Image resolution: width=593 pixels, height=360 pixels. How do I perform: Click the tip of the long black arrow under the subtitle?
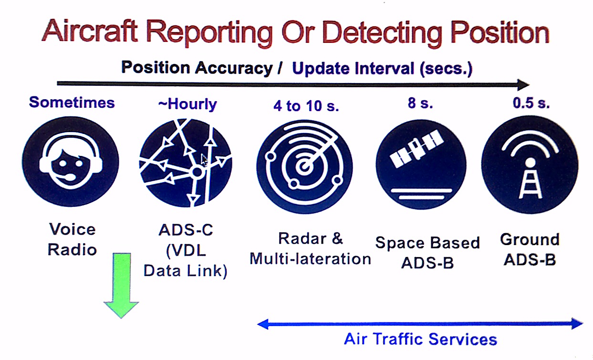[x=530, y=85]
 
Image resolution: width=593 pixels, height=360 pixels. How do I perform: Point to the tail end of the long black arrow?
[x=57, y=83]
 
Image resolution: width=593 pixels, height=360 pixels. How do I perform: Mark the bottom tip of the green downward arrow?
[x=121, y=318]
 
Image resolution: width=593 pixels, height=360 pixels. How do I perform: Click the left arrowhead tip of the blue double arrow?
[x=258, y=324]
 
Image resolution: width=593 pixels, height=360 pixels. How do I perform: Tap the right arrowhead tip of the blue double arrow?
[x=583, y=323]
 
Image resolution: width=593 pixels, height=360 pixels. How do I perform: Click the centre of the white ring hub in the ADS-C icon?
[x=197, y=172]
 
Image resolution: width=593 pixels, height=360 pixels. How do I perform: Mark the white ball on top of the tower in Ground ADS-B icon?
[x=530, y=163]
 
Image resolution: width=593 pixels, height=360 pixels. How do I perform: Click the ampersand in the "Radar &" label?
[x=337, y=238]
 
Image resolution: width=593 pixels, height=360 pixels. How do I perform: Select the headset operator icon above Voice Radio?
[x=71, y=162]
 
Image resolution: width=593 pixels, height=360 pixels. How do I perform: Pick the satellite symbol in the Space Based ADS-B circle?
[x=416, y=149]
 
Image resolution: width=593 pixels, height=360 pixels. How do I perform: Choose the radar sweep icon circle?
[x=304, y=167]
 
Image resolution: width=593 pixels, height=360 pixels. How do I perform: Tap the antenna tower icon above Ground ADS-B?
[x=530, y=165]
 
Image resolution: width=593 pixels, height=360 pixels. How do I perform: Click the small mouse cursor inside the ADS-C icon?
[x=204, y=160]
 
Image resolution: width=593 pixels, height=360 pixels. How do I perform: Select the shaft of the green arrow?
[x=122, y=278]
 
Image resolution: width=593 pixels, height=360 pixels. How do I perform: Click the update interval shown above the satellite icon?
[x=420, y=103]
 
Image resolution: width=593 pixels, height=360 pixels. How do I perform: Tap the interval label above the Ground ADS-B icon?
[x=531, y=103]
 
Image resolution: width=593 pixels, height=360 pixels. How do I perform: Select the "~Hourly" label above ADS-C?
[x=187, y=104]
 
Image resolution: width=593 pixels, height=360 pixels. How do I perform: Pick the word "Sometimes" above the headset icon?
[x=72, y=103]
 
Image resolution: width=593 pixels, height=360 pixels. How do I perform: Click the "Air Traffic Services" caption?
[x=420, y=339]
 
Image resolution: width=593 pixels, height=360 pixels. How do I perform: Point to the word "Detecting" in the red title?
[x=382, y=33]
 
